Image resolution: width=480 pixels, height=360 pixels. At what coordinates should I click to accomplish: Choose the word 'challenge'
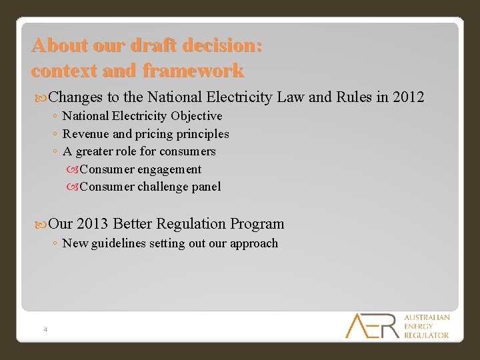(162, 187)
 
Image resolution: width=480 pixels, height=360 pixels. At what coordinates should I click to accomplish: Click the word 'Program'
(259, 224)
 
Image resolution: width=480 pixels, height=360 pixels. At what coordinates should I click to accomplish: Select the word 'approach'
(253, 243)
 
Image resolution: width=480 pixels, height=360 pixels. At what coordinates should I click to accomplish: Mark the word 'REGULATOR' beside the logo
(427, 335)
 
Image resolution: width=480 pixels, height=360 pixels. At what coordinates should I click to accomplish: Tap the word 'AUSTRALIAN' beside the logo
(427, 317)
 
